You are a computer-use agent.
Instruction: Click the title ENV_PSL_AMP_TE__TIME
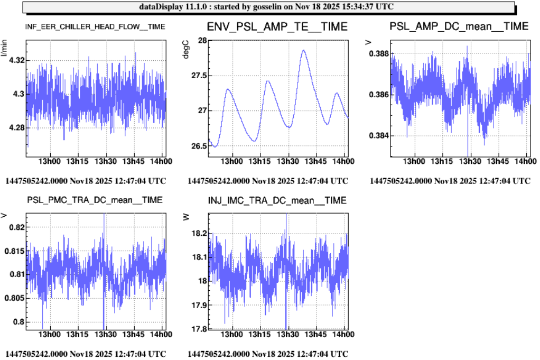point(277,26)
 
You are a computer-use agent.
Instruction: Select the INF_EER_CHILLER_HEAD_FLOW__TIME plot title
point(95,26)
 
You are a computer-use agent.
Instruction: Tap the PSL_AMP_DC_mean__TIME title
point(459,26)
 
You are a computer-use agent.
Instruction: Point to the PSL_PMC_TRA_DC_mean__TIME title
point(95,200)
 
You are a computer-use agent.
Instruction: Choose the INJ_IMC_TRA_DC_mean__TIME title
point(277,200)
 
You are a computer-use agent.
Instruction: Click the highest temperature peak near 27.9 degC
point(304,50)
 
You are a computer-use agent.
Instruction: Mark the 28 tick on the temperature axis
point(200,41)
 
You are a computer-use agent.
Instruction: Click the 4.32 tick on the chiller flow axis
point(16,61)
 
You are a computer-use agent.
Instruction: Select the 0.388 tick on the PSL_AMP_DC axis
point(379,54)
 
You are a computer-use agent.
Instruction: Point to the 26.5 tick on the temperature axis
point(198,146)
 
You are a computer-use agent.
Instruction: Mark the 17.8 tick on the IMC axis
point(199,329)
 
